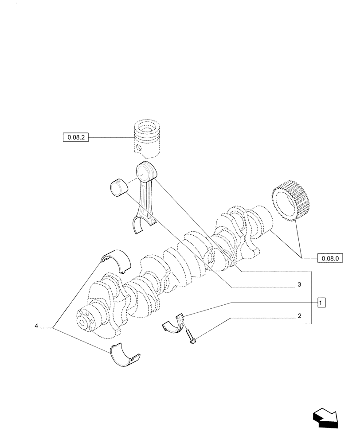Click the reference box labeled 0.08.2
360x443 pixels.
coord(76,138)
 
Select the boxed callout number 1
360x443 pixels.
coord(321,303)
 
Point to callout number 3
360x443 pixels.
coord(300,284)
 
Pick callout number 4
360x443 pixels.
coord(36,326)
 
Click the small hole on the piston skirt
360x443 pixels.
coord(139,148)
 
